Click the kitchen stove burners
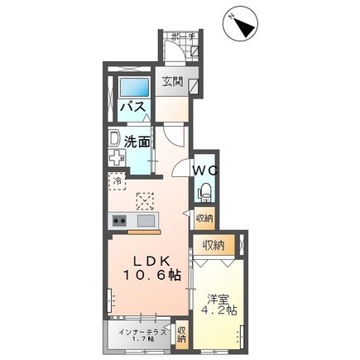118,221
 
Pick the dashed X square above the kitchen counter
146,200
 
